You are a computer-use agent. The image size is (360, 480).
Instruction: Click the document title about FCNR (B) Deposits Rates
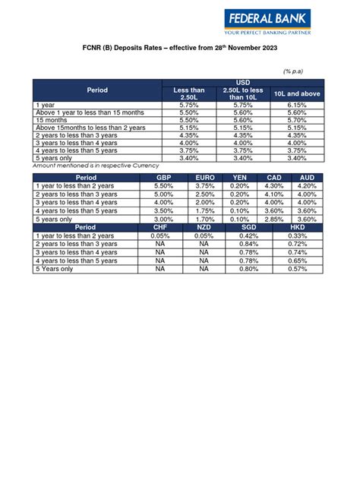pyautogui.click(x=180, y=48)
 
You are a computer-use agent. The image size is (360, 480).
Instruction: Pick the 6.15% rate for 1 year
pyautogui.click(x=297, y=104)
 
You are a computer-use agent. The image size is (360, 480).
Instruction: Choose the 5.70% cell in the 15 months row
pyautogui.click(x=297, y=119)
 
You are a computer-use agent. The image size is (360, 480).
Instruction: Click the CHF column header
pyautogui.click(x=160, y=227)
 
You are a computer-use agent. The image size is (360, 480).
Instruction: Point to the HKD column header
pyautogui.click(x=298, y=227)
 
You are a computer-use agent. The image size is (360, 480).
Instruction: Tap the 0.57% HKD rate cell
pyautogui.click(x=298, y=269)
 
